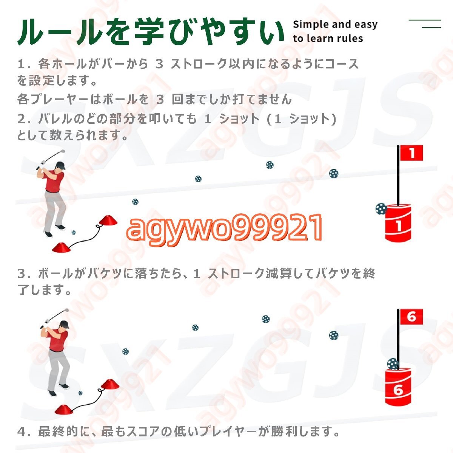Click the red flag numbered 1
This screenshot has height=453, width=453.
point(411,153)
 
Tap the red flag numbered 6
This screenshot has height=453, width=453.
point(411,317)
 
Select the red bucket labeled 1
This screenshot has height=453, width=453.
point(398,223)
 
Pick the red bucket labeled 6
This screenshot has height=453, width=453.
point(398,387)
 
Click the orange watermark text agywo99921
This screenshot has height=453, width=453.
point(224,227)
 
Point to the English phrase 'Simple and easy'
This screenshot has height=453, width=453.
point(335,25)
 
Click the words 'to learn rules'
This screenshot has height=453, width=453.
point(328,39)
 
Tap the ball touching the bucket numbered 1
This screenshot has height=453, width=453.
point(381,209)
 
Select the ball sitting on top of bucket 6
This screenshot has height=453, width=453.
point(393,364)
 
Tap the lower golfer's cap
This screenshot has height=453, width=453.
point(65,325)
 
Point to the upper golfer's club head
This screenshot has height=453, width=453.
point(63,151)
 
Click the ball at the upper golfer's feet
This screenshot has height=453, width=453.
point(74,233)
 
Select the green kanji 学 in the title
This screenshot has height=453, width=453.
point(149,32)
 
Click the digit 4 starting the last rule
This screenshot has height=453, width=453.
point(22,431)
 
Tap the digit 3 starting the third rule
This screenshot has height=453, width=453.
point(22,274)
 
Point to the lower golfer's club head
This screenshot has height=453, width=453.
point(67,310)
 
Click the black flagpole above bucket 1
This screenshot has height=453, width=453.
point(398,176)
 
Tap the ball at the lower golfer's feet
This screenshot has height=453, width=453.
point(80,393)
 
